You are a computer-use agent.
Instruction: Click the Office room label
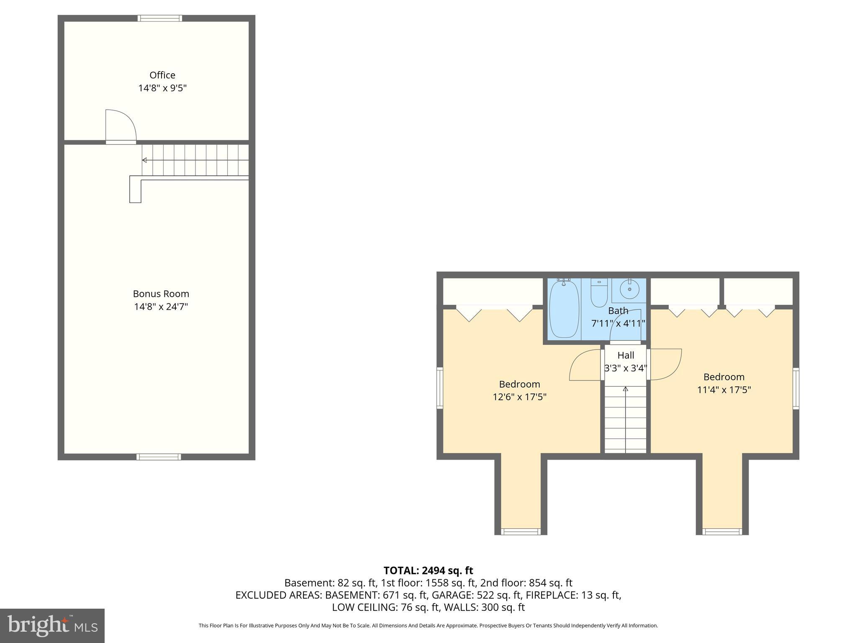coord(162,75)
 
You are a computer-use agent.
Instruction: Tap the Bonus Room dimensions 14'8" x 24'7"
coord(161,307)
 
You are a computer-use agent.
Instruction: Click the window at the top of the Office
coord(160,18)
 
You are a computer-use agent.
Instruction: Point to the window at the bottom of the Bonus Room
coord(159,457)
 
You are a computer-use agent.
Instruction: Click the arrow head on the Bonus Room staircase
coord(144,160)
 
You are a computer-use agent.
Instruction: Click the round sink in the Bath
coord(629,289)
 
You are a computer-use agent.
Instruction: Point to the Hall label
coord(626,355)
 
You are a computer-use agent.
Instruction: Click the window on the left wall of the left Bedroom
coord(440,388)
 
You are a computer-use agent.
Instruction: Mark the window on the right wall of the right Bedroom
coord(796,388)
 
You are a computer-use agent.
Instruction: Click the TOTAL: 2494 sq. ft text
coord(428,570)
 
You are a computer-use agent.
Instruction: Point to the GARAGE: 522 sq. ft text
coord(477,595)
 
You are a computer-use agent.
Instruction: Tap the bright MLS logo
coord(52,625)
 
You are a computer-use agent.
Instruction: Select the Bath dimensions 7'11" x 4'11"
coord(618,324)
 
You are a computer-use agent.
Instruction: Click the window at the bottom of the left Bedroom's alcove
coord(521,532)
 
